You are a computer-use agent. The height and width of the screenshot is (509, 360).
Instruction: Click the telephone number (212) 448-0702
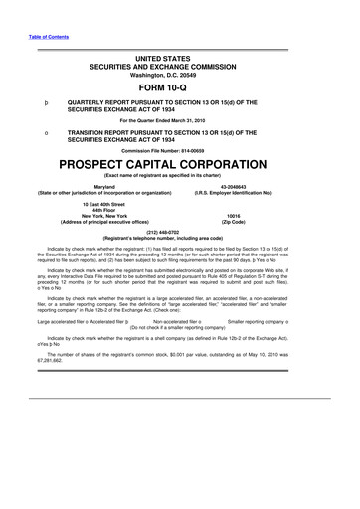pos(180,233)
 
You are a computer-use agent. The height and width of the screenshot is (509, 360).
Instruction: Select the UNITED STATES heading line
pos(180,51)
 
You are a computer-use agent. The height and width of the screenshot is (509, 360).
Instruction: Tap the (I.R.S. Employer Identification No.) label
pos(261,192)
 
